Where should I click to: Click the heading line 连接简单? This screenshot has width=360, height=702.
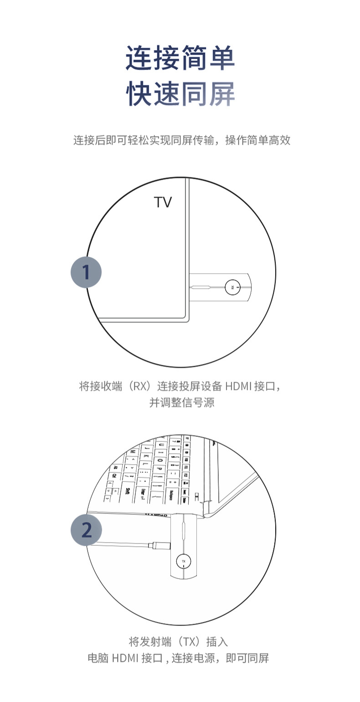click(180, 58)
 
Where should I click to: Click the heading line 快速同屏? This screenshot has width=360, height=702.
click(180, 93)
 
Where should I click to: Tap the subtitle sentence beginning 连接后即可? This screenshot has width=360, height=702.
click(182, 140)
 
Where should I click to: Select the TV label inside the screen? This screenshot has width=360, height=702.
click(163, 202)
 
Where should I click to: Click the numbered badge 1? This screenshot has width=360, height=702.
click(86, 272)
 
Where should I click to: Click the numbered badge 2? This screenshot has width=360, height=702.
click(86, 530)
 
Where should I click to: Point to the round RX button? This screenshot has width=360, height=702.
click(232, 287)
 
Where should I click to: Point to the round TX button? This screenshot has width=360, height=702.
click(184, 561)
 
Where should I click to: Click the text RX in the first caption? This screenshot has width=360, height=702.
click(139, 387)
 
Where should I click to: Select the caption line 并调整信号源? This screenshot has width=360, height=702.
click(182, 403)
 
